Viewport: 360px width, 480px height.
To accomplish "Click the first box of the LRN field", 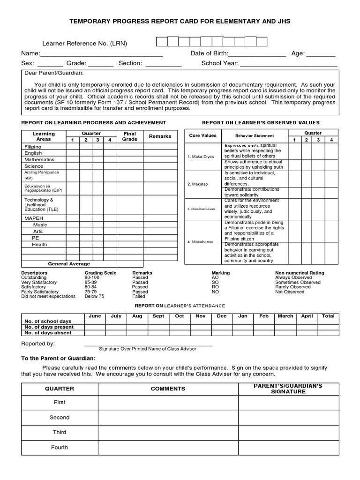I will pyautogui.click(x=162, y=42).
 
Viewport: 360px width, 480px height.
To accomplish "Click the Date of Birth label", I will pyautogui.click(x=209, y=53).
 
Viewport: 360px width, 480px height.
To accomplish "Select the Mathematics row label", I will pyautogui.click(x=39, y=159).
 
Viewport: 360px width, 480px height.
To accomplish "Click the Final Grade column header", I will pyautogui.click(x=129, y=136).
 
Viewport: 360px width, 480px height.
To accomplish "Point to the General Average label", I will pyautogui.click(x=69, y=264).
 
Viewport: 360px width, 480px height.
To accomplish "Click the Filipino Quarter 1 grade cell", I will pyautogui.click(x=72, y=147).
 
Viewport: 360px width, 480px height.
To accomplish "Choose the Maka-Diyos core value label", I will pyautogui.click(x=201, y=157).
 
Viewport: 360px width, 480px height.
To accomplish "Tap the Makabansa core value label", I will pyautogui.click(x=201, y=242).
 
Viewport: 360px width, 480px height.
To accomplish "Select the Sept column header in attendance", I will pyautogui.click(x=158, y=316).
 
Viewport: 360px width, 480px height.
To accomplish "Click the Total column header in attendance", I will pyautogui.click(x=328, y=316).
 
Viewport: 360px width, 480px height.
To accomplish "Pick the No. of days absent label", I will pyautogui.click(x=48, y=333).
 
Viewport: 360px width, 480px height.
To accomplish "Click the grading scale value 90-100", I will pyautogui.click(x=92, y=277).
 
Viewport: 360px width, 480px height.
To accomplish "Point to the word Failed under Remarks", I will pyautogui.click(x=139, y=296).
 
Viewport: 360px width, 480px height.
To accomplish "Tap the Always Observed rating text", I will pyautogui.click(x=293, y=277).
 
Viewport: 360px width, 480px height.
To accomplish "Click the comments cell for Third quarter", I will pyautogui.click(x=168, y=433).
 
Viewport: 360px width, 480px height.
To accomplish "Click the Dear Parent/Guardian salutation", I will pyautogui.click(x=54, y=73).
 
